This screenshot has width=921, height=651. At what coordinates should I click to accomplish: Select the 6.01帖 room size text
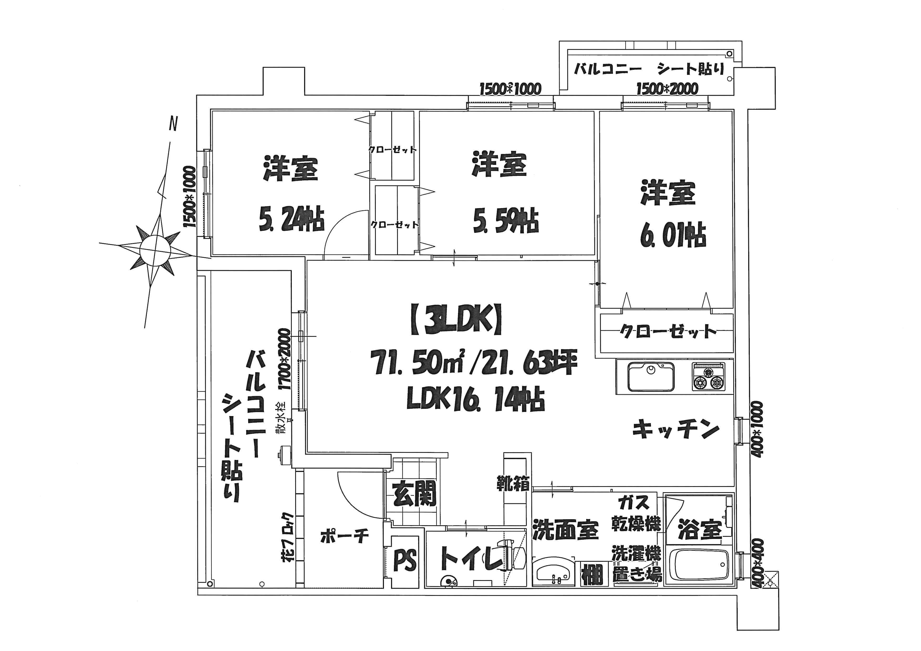tap(673, 235)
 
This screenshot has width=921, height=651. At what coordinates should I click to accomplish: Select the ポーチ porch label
tap(344, 536)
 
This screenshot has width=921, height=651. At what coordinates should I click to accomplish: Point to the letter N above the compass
tap(173, 124)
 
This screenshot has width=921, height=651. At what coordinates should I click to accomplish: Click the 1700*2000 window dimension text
tap(284, 359)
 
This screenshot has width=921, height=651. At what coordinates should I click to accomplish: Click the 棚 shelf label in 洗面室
tap(592, 574)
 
